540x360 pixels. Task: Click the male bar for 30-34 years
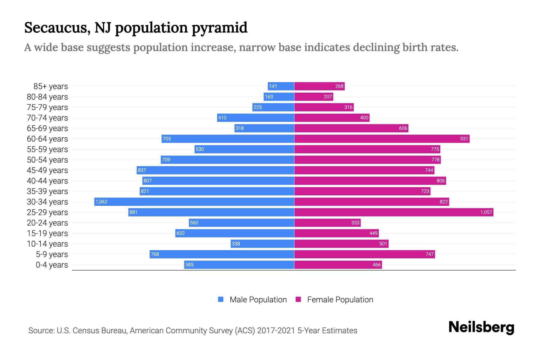click(194, 202)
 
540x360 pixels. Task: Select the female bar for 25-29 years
click(394, 212)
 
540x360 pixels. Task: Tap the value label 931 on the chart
click(464, 139)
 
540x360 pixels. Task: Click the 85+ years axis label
click(50, 86)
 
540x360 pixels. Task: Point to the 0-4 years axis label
click(52, 265)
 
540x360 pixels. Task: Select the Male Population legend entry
click(258, 300)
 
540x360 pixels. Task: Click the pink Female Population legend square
click(298, 299)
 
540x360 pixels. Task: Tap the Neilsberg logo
click(481, 327)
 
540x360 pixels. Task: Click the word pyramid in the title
click(219, 28)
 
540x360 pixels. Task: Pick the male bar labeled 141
click(281, 86)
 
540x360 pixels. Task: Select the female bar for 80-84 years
click(313, 97)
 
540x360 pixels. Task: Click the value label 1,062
click(101, 202)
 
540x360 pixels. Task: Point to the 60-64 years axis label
click(47, 139)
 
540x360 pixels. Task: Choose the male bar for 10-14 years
click(262, 244)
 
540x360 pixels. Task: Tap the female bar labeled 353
click(327, 223)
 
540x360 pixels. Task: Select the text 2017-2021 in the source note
click(276, 331)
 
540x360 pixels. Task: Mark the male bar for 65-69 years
click(264, 128)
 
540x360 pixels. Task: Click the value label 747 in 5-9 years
click(429, 254)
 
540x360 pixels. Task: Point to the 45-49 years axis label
click(47, 170)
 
